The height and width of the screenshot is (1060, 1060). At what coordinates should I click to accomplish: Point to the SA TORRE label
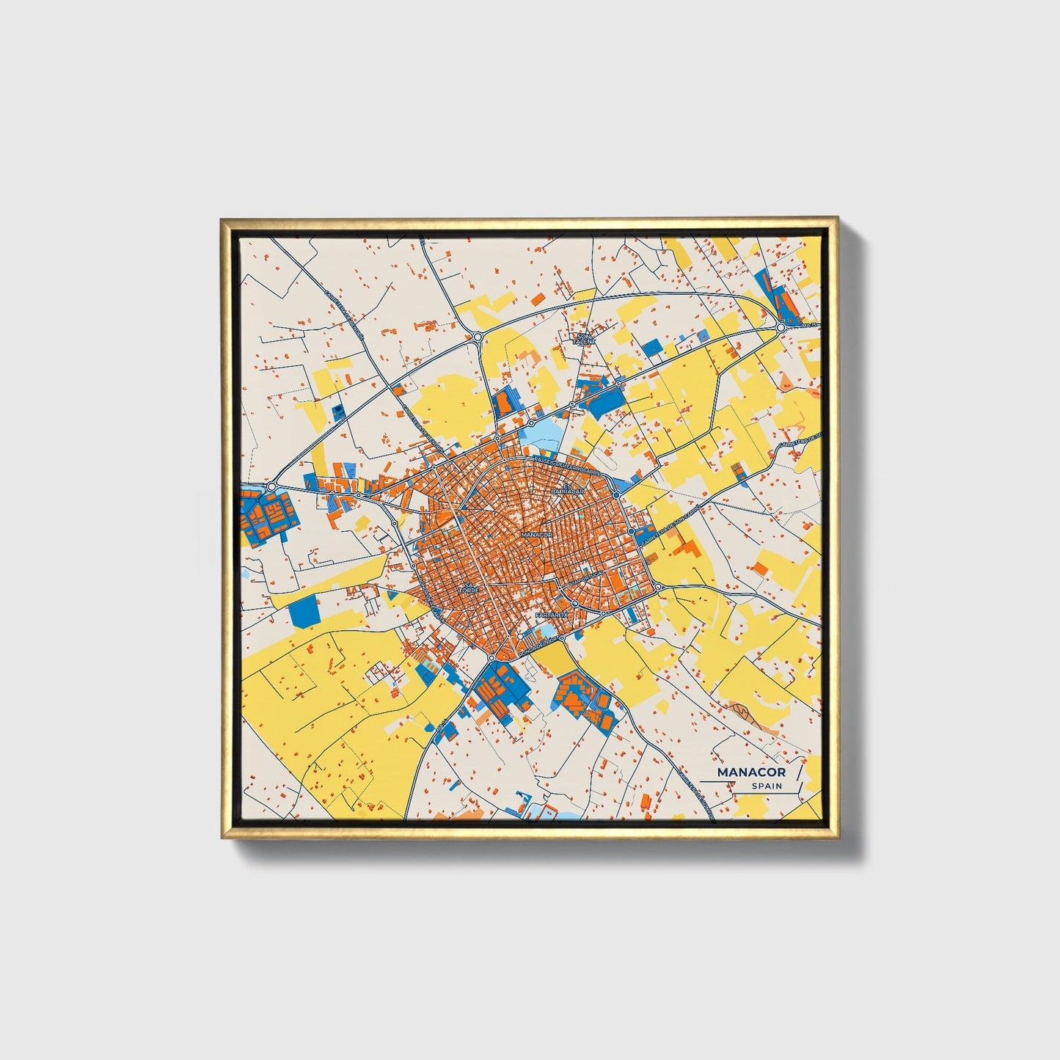[x=467, y=588]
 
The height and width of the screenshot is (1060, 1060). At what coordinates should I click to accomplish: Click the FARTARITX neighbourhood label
[x=552, y=615]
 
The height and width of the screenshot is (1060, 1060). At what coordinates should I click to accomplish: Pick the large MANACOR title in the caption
[x=751, y=772]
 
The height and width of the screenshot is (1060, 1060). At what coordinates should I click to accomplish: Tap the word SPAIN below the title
[x=767, y=786]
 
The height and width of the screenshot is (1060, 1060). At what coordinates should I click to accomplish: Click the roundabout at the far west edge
[x=271, y=486]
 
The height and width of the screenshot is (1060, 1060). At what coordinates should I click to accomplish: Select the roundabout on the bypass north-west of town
[x=478, y=338]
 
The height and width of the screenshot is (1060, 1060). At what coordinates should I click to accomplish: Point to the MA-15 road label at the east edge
[x=808, y=325]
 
